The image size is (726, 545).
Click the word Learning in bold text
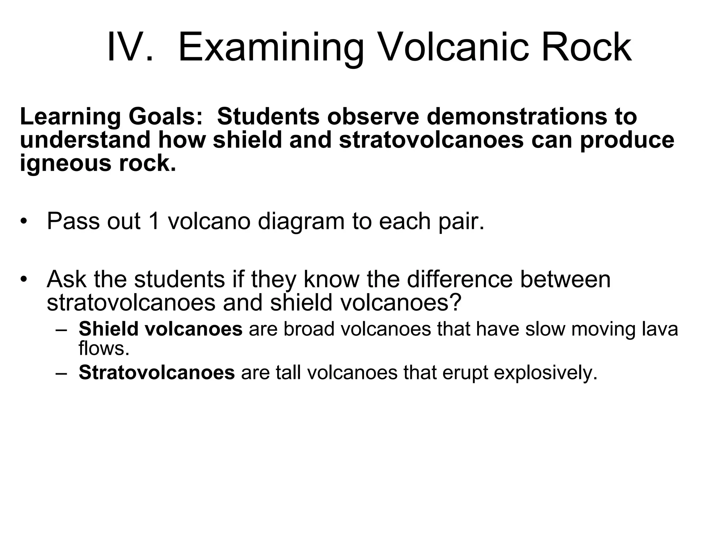70,117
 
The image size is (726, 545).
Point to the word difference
460,279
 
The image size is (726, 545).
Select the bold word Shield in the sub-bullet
108,329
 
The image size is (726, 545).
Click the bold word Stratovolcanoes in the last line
157,372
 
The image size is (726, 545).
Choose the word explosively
545,373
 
